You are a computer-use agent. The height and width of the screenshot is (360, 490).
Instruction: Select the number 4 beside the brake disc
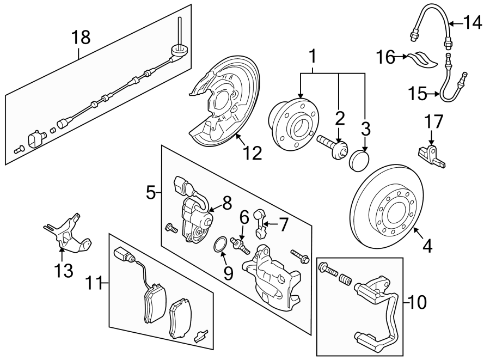[x=427, y=246]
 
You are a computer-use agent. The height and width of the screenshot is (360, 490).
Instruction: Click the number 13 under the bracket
[x=64, y=270]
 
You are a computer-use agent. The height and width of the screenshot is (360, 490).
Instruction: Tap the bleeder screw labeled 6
[x=239, y=243]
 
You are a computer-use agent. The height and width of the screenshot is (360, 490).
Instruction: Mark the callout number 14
[x=473, y=23]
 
